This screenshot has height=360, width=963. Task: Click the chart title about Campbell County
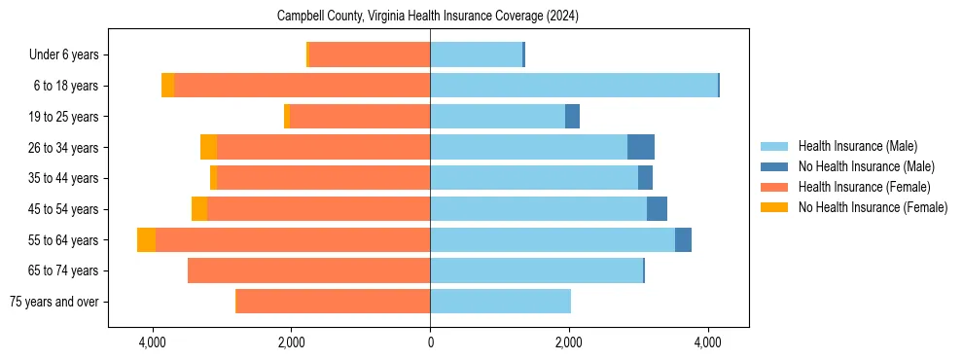(428, 17)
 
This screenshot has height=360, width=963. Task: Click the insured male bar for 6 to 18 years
(574, 86)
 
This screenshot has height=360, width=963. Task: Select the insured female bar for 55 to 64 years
(292, 240)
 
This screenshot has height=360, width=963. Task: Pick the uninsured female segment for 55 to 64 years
(146, 240)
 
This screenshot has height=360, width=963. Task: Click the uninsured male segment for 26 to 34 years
(641, 148)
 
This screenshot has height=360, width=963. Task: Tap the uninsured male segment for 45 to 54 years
(657, 209)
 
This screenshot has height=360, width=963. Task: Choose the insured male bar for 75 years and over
(500, 302)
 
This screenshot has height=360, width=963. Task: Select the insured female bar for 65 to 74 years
(309, 270)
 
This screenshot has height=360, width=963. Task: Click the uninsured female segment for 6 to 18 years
(167, 86)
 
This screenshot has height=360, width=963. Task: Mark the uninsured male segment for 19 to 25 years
(572, 117)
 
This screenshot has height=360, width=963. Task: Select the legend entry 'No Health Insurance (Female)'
(873, 207)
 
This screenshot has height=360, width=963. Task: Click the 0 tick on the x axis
(430, 342)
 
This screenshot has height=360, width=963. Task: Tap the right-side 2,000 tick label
(569, 342)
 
